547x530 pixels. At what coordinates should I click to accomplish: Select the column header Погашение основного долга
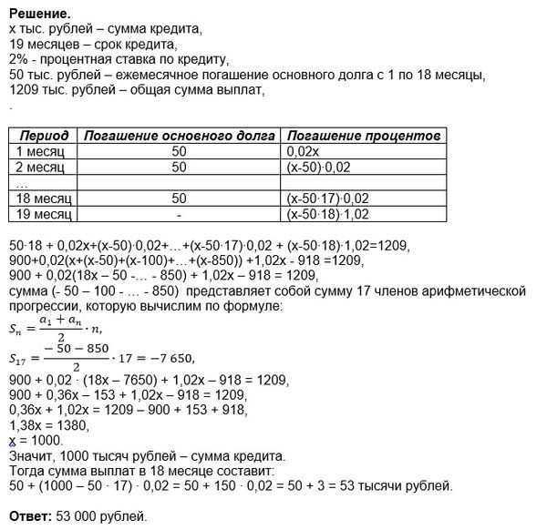pos(179,135)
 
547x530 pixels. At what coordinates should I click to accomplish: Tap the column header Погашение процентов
pos(363,135)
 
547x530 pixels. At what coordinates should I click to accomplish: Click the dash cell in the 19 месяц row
pos(178,213)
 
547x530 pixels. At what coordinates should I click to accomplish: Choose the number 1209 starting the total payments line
pos(23,91)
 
